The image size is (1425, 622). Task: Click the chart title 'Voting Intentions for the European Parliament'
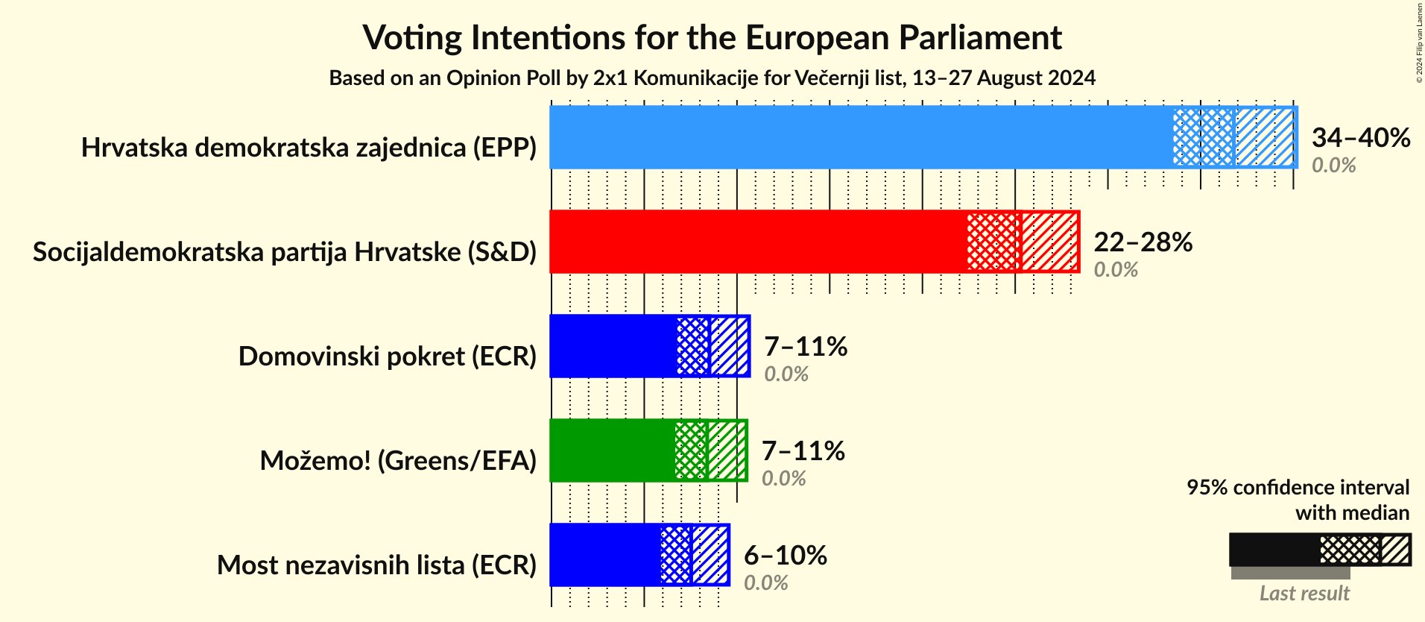pyautogui.click(x=712, y=38)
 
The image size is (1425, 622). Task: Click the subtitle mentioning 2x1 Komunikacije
pyautogui.click(x=712, y=78)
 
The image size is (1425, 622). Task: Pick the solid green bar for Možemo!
pyautogui.click(x=612, y=450)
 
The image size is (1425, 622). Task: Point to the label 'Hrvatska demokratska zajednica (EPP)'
pyautogui.click(x=309, y=148)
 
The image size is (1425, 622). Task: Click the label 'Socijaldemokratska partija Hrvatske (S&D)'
pyautogui.click(x=285, y=252)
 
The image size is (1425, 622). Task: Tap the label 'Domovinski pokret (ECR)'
pyautogui.click(x=388, y=356)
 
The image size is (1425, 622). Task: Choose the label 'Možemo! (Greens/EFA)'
pyautogui.click(x=398, y=461)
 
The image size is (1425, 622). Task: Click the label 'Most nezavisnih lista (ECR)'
pyautogui.click(x=376, y=565)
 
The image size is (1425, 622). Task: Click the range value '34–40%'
pyautogui.click(x=1360, y=137)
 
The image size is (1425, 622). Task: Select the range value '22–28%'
pyautogui.click(x=1143, y=242)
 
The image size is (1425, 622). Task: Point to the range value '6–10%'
pyautogui.click(x=785, y=555)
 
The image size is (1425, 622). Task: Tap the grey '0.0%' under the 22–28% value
pyautogui.click(x=1116, y=270)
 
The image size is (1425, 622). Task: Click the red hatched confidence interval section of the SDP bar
pyautogui.click(x=1022, y=242)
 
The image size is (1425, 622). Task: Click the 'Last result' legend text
pyautogui.click(x=1304, y=594)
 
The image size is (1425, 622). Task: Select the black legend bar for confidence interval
pyautogui.click(x=1274, y=550)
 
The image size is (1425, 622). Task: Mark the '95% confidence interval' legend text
pyautogui.click(x=1298, y=488)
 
